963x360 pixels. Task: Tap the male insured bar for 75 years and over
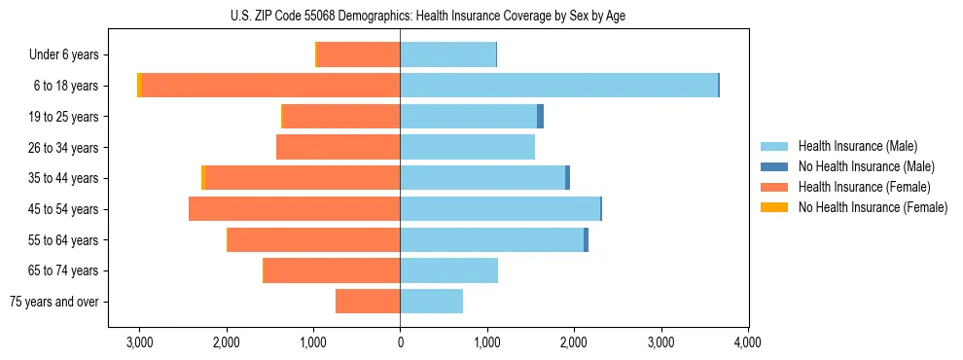pos(431,302)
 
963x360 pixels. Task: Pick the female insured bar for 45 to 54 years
pos(294,209)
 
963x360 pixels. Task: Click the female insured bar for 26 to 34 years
pos(338,148)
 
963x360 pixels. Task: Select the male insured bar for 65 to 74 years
pos(448,270)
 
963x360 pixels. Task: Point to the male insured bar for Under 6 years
pos(447,54)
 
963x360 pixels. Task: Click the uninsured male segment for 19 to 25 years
pos(540,117)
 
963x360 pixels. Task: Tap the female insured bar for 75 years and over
pos(368,302)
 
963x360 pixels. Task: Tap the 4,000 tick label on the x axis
pos(747,342)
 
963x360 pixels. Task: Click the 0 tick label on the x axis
pos(400,342)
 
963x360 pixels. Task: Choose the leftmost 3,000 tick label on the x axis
pos(139,342)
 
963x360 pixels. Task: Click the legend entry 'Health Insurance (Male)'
pos(857,146)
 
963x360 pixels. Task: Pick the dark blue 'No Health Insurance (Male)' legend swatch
pos(774,166)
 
